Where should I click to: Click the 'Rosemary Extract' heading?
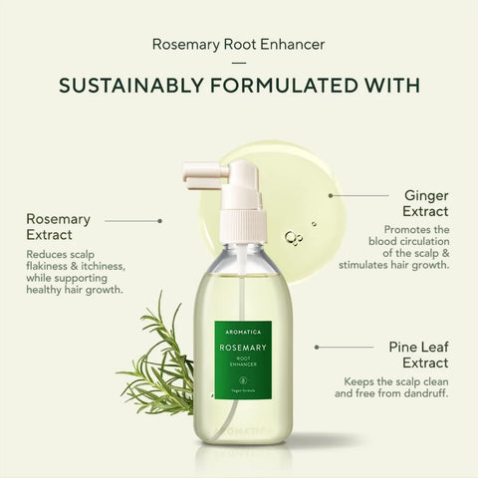tap(59, 227)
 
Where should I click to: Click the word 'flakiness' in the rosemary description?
tap(50, 269)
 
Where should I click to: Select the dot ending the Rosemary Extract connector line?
tap(160, 219)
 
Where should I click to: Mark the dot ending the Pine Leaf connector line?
tap(317, 348)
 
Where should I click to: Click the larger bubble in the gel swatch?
tap(291, 237)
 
